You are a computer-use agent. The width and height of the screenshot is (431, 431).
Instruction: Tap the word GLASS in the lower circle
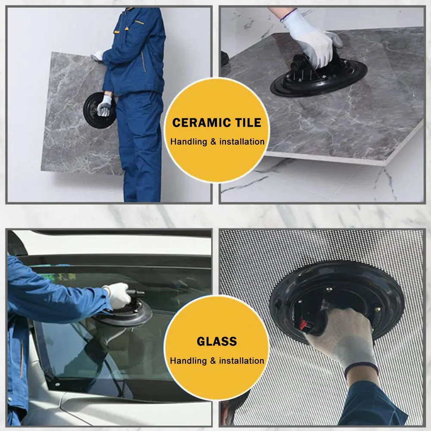tap(217, 341)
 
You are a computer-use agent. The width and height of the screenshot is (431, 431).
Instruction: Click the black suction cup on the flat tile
tap(319, 80)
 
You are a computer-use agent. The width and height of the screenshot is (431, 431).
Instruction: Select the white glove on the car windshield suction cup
tap(118, 295)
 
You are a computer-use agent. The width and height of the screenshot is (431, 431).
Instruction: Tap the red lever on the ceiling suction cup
tap(303, 323)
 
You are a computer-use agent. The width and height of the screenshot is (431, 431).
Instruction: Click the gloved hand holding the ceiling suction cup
tap(340, 336)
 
